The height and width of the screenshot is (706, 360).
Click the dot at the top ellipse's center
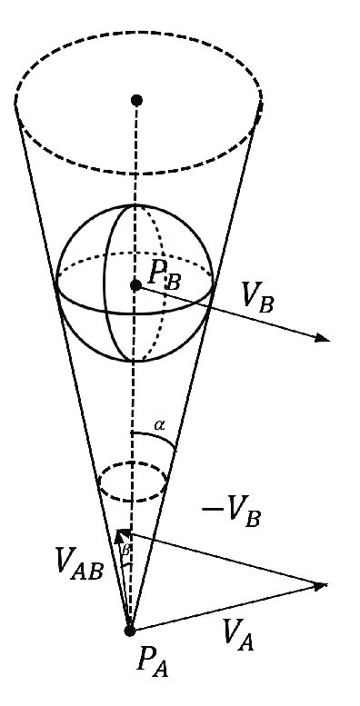point(136,99)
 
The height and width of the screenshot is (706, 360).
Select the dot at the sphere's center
point(135,285)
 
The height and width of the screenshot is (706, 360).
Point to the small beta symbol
point(126,551)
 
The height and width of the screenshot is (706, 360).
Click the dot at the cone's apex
point(130,630)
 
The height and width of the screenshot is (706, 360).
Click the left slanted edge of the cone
point(64,345)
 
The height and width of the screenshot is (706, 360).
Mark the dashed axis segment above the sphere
point(135,154)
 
